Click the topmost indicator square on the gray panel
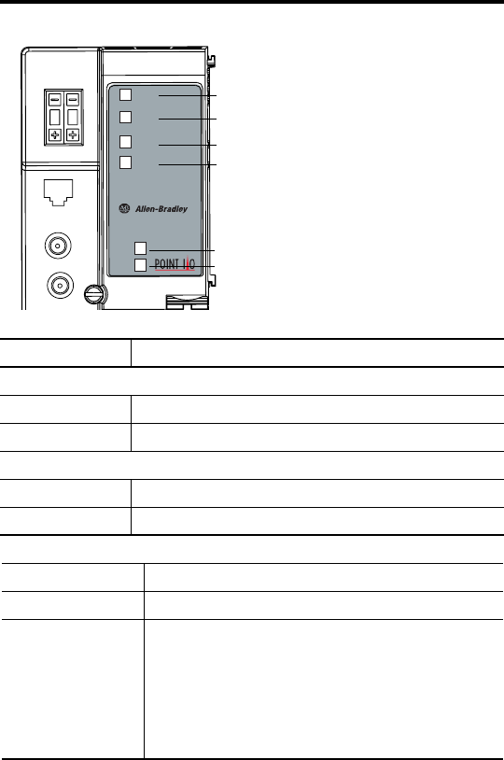125,94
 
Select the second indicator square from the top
125,117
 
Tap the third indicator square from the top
125,142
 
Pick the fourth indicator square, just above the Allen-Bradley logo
125,162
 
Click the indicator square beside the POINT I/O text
141,265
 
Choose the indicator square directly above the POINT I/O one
141,248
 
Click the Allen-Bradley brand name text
161,209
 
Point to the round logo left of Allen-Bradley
124,208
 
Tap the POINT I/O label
175,264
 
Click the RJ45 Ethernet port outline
58,192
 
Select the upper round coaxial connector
58,246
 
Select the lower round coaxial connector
60,286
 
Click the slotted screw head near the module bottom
94,294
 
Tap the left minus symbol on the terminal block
55,100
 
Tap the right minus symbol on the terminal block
73,100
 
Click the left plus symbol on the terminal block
55,134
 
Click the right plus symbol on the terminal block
73,134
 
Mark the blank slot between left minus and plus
55,118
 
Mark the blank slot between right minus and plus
73,118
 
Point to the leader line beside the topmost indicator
188,95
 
